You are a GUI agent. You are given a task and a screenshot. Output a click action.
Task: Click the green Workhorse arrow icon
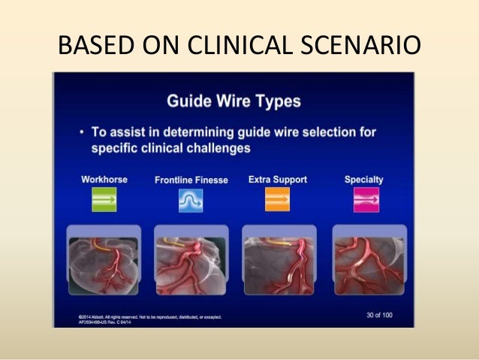[105, 200]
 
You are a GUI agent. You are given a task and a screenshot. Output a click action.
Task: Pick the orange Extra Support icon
[276, 200]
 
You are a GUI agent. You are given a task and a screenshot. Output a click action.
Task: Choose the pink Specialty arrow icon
[366, 200]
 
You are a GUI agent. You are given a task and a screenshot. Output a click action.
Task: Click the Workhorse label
[104, 180]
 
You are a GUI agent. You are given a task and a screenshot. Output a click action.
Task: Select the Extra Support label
[277, 180]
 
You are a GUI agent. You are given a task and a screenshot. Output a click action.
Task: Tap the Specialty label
[363, 180]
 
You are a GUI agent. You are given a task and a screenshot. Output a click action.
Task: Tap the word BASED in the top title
[92, 46]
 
